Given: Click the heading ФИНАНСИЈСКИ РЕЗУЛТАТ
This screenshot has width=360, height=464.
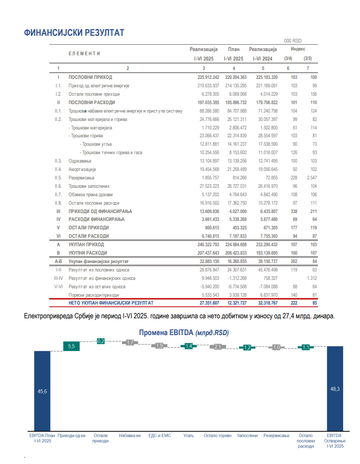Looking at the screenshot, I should click(x=74, y=33).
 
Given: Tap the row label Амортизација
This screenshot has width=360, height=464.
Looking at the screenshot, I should click(x=82, y=169).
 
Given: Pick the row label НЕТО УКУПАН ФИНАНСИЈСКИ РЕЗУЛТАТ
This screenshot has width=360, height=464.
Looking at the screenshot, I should click(x=111, y=303).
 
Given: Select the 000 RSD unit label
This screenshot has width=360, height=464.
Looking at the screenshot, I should click(x=293, y=41).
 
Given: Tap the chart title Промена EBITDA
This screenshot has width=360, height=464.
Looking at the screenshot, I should click(x=184, y=333).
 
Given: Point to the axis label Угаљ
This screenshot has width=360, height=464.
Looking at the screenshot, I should click(x=188, y=436).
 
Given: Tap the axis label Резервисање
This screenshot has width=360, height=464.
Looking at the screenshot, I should click(x=276, y=436).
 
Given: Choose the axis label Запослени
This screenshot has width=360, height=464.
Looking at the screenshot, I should click(x=247, y=436).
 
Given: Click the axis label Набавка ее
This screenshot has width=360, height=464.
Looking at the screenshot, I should click(x=130, y=436).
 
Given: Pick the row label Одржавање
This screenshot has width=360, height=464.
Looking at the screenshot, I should click(x=80, y=161).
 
